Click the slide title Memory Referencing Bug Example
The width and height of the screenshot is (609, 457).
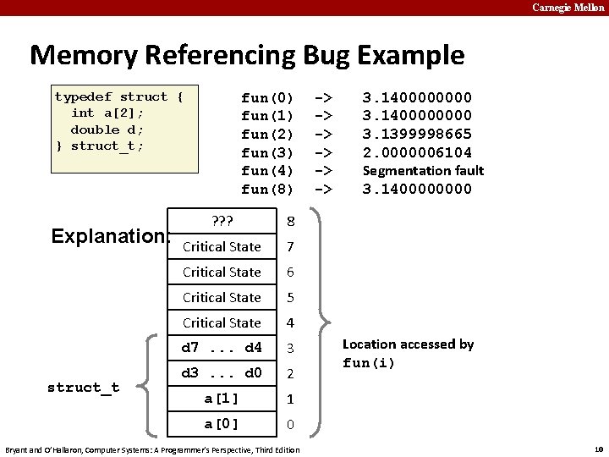tap(247, 55)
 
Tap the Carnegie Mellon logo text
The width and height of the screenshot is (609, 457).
tap(568, 8)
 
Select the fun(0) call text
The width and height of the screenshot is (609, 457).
tap(267, 97)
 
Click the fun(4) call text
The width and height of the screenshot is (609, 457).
tap(267, 171)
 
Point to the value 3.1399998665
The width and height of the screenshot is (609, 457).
tap(417, 134)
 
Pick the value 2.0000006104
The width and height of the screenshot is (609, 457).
tap(417, 152)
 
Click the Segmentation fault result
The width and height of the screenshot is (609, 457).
tap(423, 171)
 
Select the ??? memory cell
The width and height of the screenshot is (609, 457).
tap(221, 222)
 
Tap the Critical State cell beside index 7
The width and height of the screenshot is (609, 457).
tap(222, 247)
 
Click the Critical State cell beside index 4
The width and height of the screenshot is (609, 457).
tap(222, 323)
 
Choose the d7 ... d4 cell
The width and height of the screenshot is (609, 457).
tap(222, 348)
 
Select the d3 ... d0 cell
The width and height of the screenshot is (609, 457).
tap(222, 373)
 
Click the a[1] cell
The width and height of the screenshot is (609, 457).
tap(222, 399)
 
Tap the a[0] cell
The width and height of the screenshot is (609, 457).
tap(222, 424)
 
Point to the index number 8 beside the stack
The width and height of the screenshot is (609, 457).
tap(290, 222)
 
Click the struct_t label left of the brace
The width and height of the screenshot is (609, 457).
tap(83, 388)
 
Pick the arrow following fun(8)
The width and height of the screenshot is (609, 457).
tap(323, 190)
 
